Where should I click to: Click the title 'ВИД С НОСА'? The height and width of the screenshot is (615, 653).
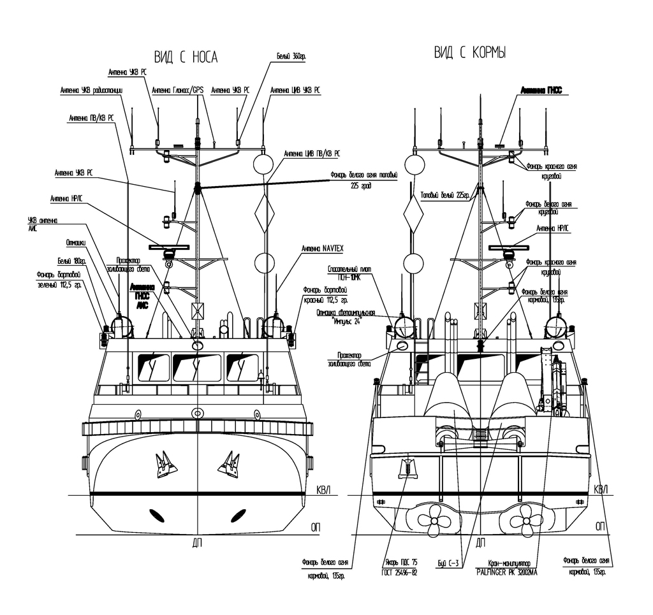coord(186,58)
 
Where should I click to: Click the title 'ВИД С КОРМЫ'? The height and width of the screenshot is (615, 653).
coord(471,53)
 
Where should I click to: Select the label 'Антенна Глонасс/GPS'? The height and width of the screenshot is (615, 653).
coord(177,90)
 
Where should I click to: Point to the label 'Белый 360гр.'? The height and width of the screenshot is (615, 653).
coord(291,57)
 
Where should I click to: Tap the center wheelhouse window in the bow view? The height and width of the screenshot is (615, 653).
coord(197,368)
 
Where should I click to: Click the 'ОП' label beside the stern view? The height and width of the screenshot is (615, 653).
coord(599,527)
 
